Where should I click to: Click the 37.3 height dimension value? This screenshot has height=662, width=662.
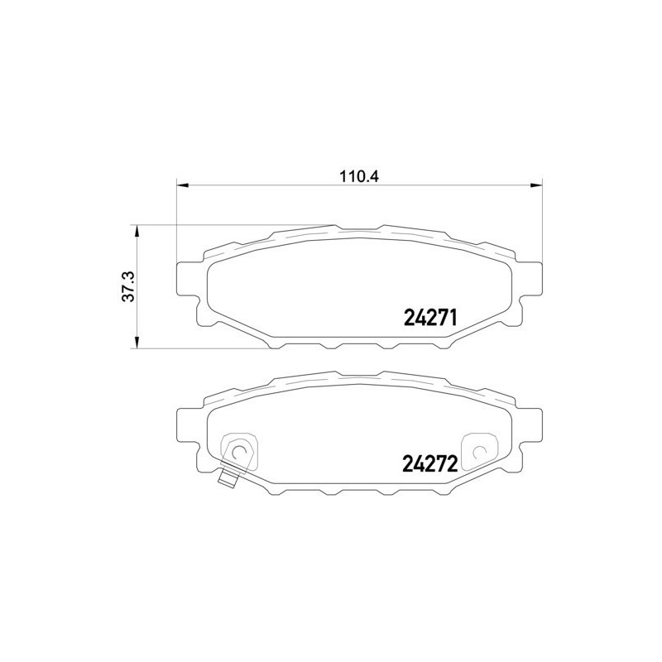(127, 287)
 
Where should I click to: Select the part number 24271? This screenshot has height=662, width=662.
(430, 317)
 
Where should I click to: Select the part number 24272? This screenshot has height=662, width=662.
(429, 463)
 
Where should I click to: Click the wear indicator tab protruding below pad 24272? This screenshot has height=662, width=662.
(228, 477)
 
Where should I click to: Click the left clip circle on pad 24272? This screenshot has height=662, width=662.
(239, 451)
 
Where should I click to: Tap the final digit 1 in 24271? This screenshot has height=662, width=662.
(453, 317)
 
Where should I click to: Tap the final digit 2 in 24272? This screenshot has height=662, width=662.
(451, 463)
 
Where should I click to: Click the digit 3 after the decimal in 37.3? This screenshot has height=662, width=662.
(127, 276)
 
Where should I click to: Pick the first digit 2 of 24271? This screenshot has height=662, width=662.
(408, 317)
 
